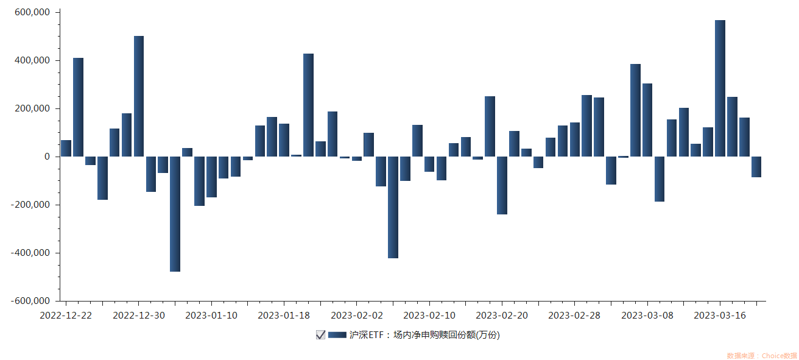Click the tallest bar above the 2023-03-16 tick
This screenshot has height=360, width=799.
(x=720, y=88)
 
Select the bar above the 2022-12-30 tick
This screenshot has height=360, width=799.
(x=139, y=96)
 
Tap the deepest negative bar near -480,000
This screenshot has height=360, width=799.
(x=175, y=214)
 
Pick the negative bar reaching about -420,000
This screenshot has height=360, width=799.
(x=393, y=207)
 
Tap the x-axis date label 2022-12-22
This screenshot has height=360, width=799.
(x=66, y=315)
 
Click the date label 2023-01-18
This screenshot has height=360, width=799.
(x=284, y=315)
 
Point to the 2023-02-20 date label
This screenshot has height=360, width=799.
(x=502, y=315)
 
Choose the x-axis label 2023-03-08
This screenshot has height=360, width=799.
(x=647, y=315)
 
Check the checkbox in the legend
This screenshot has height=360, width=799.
(x=320, y=334)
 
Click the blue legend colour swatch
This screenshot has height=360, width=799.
(x=337, y=334)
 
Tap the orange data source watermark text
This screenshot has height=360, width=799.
(x=761, y=356)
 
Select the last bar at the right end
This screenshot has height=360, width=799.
(x=756, y=167)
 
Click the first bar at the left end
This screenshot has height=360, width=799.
(x=66, y=148)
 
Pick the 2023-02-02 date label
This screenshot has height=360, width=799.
(x=356, y=315)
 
